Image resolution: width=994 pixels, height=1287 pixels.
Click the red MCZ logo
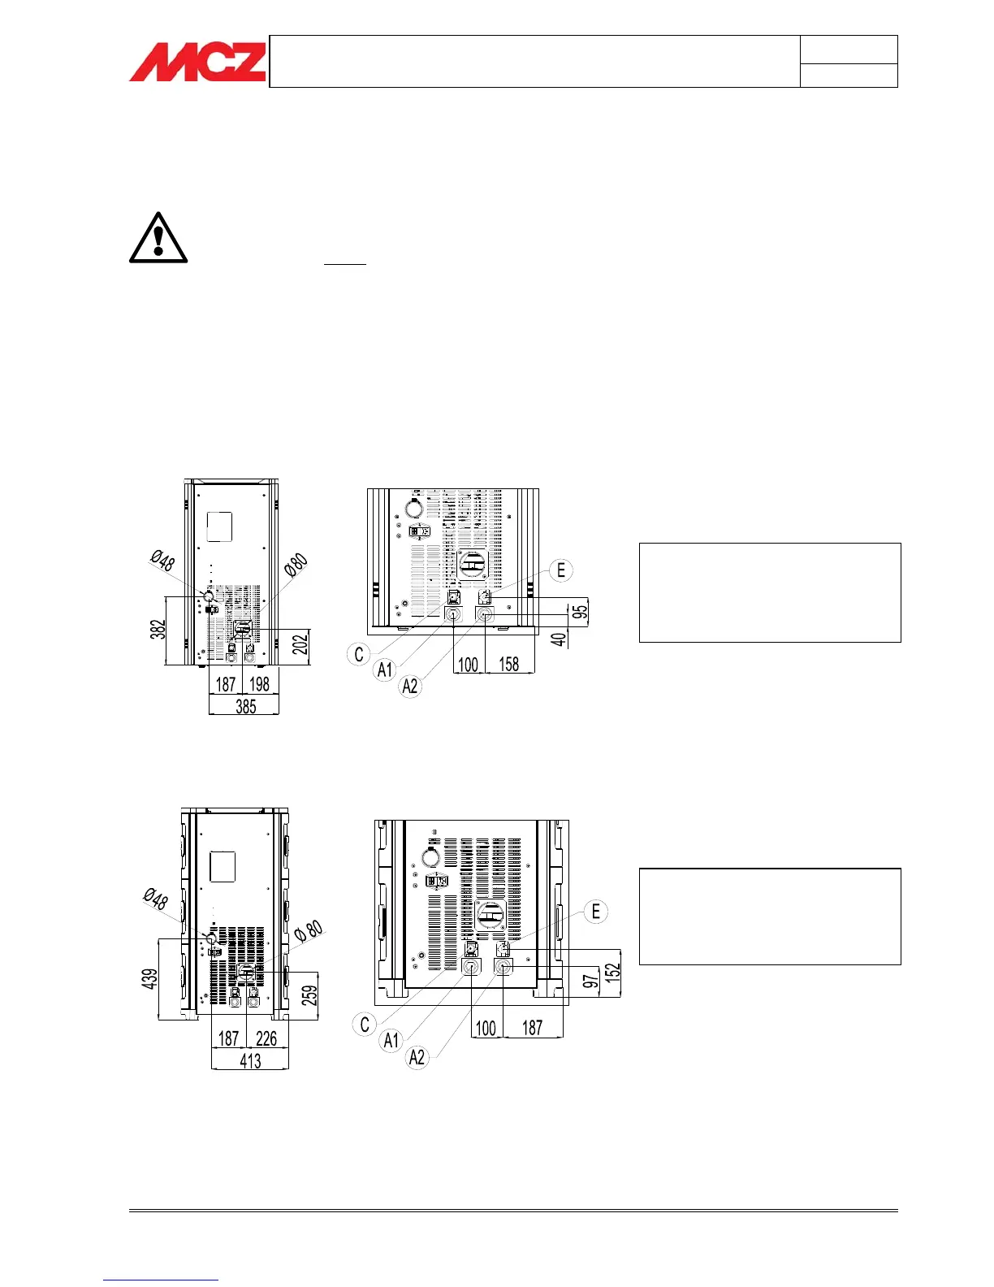click(x=197, y=62)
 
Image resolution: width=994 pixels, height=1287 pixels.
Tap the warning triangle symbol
click(x=158, y=239)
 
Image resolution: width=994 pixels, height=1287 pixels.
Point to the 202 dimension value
click(x=300, y=643)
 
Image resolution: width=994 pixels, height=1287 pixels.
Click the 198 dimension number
click(x=260, y=684)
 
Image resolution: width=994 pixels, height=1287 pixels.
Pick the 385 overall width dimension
click(x=245, y=706)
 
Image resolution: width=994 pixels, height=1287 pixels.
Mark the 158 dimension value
click(x=509, y=664)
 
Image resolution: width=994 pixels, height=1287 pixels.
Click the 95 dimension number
click(x=580, y=610)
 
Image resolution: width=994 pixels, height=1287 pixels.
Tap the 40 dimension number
click(x=560, y=639)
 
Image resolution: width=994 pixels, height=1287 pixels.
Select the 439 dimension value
click(x=150, y=978)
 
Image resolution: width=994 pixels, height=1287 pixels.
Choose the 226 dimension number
click(x=266, y=1038)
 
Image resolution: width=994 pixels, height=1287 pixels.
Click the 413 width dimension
click(x=250, y=1060)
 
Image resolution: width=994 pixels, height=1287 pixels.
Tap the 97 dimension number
click(x=591, y=981)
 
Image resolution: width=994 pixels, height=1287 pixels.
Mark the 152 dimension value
click(x=612, y=969)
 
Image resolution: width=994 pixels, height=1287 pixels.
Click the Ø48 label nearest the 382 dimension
click(x=162, y=560)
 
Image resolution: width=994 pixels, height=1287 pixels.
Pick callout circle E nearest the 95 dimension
click(x=561, y=570)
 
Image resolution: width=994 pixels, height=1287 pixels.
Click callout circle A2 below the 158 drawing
click(x=411, y=687)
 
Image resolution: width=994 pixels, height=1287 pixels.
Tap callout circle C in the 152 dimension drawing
click(x=365, y=1025)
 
